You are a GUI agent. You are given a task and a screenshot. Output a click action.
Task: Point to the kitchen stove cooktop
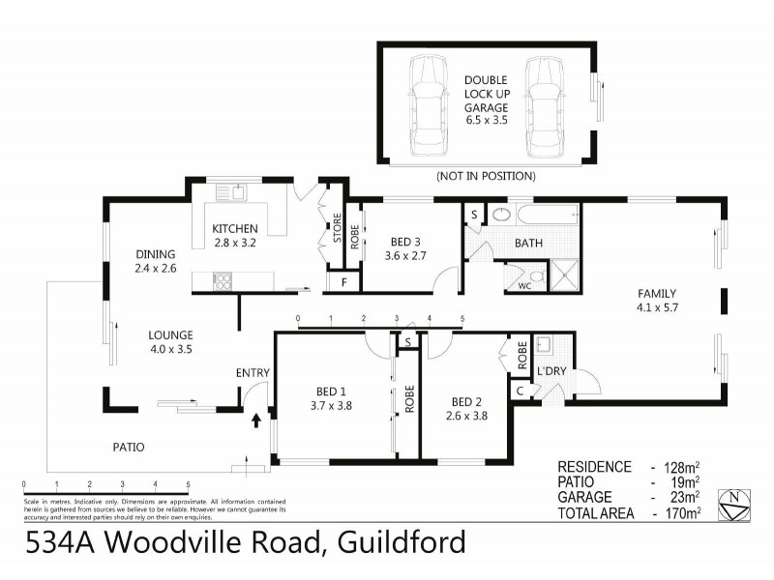222,281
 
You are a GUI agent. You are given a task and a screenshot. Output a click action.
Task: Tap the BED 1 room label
332,391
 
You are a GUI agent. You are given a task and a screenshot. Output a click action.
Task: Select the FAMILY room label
656,294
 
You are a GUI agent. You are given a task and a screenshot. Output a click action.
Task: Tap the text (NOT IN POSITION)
486,177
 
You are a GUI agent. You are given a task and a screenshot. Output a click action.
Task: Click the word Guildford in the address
401,543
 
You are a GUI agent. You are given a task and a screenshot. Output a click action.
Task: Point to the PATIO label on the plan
128,447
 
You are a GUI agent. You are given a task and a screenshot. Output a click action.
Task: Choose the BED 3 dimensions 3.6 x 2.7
403,256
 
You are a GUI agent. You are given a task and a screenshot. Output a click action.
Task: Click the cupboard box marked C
520,391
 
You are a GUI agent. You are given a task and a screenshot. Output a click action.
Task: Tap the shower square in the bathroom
564,275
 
